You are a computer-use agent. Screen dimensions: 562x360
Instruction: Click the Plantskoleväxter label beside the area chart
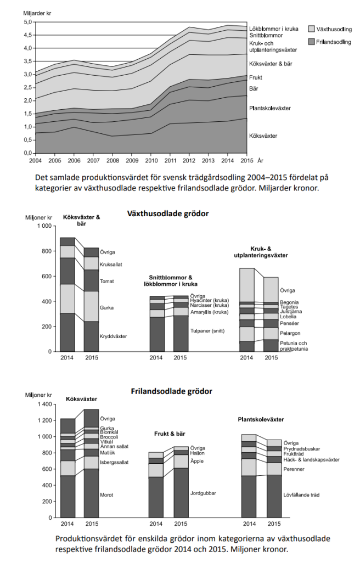(x=270, y=108)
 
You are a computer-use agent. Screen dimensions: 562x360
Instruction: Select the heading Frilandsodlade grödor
(x=171, y=391)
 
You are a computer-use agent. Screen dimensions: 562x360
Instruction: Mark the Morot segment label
(x=107, y=495)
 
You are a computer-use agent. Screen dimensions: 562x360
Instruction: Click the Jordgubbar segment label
(x=203, y=493)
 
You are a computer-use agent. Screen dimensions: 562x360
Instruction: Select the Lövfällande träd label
(x=301, y=494)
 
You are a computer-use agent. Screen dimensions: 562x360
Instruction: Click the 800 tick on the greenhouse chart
(x=46, y=251)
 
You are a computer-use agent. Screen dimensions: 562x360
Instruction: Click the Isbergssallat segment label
(x=114, y=463)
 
